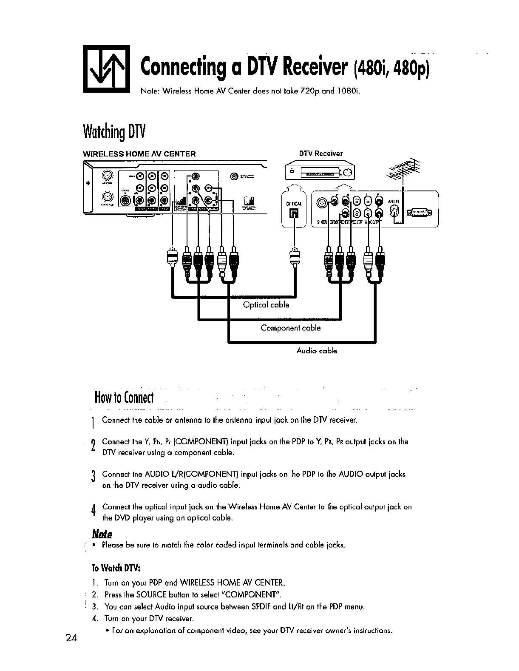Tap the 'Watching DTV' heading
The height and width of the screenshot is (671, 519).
pos(114,131)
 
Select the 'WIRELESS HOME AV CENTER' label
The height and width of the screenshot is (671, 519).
pos(139,154)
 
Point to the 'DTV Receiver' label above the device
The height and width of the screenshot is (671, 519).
pos(320,154)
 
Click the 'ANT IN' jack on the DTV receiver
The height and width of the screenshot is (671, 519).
pos(395,211)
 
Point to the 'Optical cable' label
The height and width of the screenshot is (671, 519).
pos(266,305)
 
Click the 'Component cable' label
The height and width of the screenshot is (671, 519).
pos(290,328)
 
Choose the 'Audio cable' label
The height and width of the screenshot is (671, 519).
pos(316,351)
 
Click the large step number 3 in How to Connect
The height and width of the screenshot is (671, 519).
pos(92,478)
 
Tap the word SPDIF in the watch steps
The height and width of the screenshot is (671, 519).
pos(255,606)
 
